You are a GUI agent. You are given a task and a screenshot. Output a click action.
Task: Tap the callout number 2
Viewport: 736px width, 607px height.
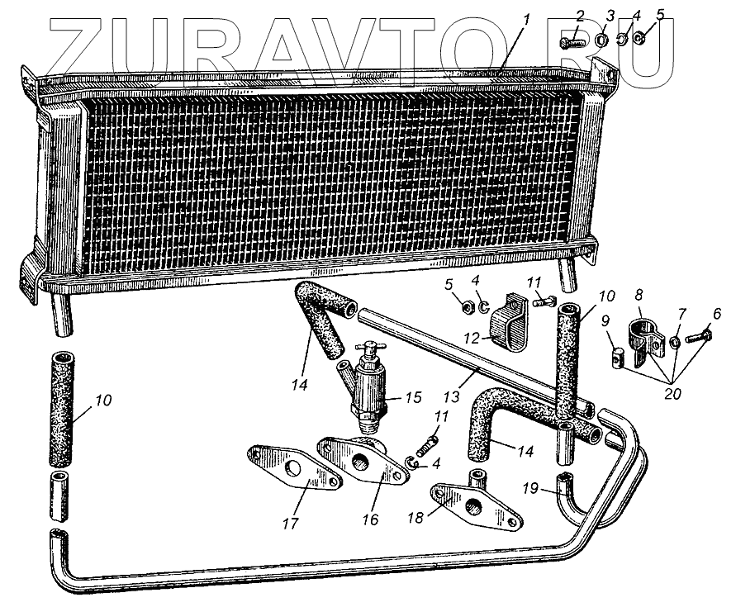pos(580,15)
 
